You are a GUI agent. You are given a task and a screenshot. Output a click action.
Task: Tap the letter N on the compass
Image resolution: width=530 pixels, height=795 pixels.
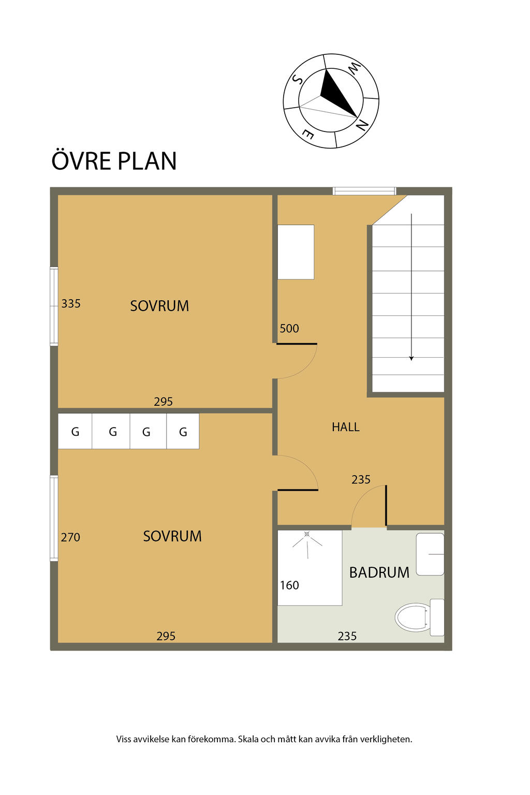click(x=361, y=125)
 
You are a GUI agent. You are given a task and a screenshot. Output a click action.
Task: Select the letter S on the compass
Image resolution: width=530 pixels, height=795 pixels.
click(x=297, y=79)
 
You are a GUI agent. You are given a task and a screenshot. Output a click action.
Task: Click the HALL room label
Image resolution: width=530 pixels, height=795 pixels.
click(x=345, y=426)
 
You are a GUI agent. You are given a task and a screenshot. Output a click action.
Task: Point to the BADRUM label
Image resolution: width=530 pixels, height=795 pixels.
click(x=379, y=572)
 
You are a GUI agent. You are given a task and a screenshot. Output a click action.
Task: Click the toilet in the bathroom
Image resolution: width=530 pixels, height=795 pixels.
click(x=419, y=617)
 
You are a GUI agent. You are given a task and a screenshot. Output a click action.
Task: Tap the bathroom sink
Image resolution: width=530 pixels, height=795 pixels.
click(x=430, y=554)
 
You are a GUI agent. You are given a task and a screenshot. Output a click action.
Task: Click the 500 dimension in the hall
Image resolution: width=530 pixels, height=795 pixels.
click(x=289, y=329)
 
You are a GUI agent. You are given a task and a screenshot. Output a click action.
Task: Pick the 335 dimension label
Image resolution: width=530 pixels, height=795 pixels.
click(x=70, y=304)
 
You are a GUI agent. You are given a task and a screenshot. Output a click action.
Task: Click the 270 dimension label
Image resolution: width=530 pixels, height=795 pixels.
click(x=70, y=537)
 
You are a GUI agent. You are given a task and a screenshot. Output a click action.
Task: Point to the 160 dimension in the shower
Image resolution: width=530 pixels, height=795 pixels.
click(x=289, y=585)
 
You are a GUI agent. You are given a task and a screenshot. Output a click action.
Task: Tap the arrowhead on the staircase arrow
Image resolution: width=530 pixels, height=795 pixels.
click(x=411, y=359)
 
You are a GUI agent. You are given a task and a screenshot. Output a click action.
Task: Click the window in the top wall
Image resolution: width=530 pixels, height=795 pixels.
click(x=364, y=191)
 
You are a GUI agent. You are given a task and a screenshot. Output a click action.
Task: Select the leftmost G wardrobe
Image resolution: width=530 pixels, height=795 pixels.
click(x=75, y=431)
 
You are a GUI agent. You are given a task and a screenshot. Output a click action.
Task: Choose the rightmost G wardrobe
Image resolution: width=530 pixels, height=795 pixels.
click(x=183, y=431)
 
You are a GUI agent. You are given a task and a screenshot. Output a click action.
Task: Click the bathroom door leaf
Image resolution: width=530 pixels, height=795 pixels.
click(x=386, y=505)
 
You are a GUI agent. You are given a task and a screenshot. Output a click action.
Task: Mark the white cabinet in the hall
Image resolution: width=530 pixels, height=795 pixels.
click(x=296, y=252)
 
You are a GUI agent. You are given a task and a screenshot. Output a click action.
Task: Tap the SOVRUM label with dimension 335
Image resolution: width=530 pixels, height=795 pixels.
click(x=159, y=306)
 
